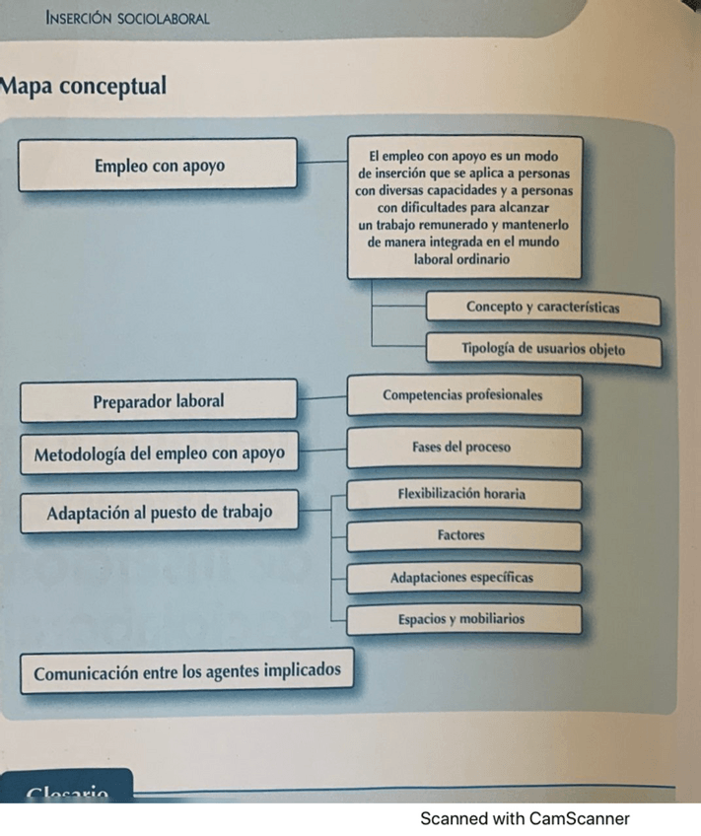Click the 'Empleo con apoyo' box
[x=159, y=165]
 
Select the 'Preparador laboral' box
[x=159, y=401]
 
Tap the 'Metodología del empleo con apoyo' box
[x=159, y=454]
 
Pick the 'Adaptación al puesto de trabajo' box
[x=159, y=512]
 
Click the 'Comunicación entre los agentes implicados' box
[x=187, y=672]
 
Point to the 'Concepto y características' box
[x=542, y=307]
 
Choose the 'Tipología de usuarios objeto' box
[x=542, y=349]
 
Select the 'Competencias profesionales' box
[x=462, y=395]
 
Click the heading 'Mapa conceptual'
[x=83, y=86]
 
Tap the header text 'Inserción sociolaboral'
[x=127, y=19]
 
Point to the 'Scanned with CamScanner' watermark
[x=525, y=818]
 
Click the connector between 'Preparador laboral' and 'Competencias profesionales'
[x=321, y=398]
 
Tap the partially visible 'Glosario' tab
[x=69, y=791]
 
